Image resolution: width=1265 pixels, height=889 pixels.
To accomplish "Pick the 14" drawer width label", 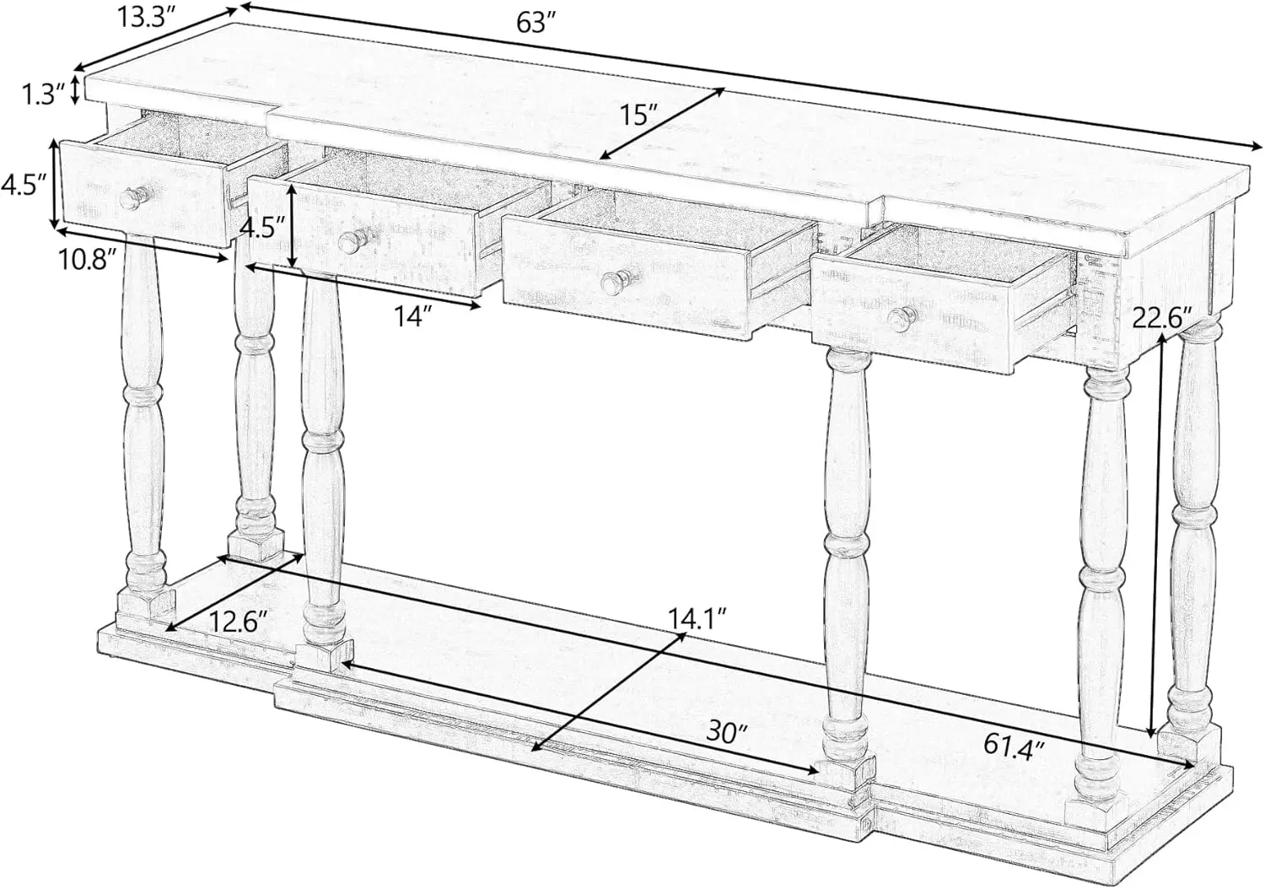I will coord(413,316).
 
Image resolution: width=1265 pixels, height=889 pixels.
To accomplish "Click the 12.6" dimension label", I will coord(239,622).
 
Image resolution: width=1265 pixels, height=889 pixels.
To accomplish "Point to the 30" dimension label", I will coord(727,730).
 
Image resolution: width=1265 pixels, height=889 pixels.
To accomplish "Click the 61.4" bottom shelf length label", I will coord(1014,744).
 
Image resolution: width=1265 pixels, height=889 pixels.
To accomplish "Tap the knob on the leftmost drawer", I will coord(131,197).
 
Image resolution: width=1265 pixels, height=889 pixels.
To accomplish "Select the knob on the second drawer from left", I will coord(350,242).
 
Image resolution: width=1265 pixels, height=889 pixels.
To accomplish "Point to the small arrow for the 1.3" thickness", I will coord(76,89).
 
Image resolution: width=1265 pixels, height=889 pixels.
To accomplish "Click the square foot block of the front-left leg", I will coord(325,656).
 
